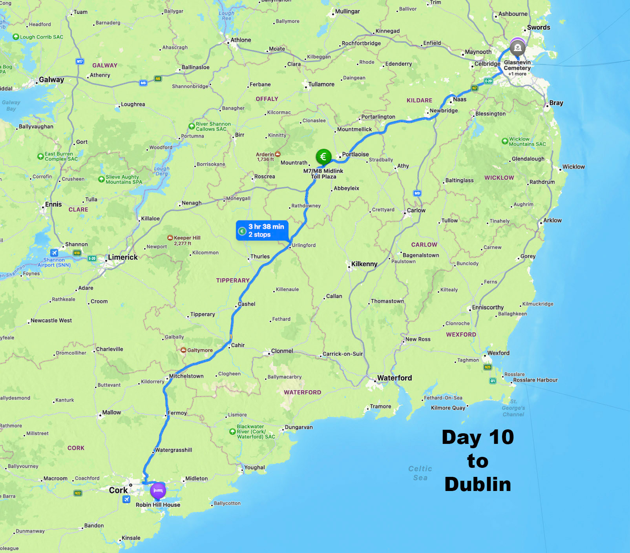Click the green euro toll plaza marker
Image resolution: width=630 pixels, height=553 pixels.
323,157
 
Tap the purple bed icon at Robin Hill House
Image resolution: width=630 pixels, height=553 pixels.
158,491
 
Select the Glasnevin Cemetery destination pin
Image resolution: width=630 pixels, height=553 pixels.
517,48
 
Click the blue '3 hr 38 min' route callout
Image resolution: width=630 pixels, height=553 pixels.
262,230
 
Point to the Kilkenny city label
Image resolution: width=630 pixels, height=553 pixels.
364,264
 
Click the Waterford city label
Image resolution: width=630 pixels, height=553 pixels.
394,378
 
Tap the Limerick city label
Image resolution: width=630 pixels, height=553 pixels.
122,257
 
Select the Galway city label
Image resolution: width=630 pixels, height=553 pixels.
51,80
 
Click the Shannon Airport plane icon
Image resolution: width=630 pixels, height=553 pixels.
54,253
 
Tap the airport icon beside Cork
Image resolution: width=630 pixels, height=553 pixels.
126,499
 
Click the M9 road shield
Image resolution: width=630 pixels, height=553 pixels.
417,193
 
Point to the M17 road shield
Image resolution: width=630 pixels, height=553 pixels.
80,61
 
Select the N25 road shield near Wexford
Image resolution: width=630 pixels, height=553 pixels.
488,367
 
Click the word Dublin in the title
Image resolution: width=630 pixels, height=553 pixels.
478,484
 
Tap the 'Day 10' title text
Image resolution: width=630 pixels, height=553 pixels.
478,437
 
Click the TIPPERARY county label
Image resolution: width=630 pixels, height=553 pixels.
233,280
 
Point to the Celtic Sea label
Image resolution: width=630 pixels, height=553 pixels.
420,473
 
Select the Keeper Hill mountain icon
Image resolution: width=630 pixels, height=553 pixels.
170,238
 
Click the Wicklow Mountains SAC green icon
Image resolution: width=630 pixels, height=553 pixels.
505,141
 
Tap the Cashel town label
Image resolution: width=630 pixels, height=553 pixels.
247,304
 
